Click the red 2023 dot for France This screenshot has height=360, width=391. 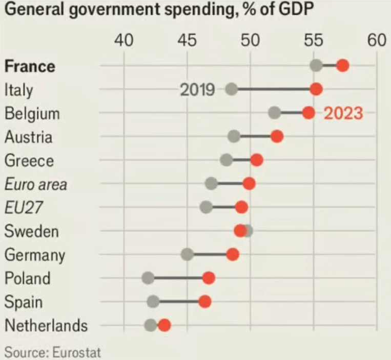tap(343, 66)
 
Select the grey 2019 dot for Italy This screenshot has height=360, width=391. tap(231, 89)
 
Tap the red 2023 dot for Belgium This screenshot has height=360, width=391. tap(308, 113)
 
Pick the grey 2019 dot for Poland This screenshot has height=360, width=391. tap(148, 278)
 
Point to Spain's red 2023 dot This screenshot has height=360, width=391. tap(204, 302)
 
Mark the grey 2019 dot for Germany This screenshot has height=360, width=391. tap(187, 254)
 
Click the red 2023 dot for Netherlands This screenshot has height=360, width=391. tap(164, 325)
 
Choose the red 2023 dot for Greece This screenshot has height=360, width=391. tap(257, 160)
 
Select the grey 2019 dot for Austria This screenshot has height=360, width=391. tap(234, 136)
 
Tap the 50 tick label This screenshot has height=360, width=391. tap(251, 40)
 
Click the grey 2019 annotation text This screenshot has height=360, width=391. tap(197, 90)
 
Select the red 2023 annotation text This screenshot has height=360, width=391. tap(343, 113)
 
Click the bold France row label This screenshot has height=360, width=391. tap(30, 66)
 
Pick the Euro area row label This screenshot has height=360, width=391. tap(35, 184)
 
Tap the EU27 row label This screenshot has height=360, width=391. tap(24, 208)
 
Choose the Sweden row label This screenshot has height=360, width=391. tap(31, 231)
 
